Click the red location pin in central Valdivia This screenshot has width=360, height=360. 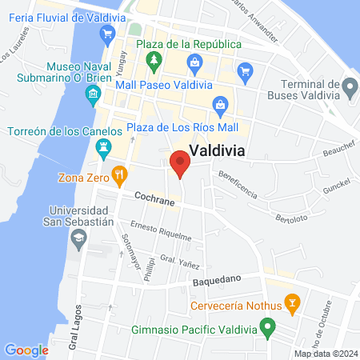click(180, 164)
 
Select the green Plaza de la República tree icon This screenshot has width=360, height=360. click(153, 60)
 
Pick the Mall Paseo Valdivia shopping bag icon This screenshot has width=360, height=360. click(194, 62)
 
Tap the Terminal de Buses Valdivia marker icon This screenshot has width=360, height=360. click(349, 86)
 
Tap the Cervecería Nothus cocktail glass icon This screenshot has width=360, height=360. click(293, 303)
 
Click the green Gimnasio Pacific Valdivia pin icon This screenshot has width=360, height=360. click(269, 328)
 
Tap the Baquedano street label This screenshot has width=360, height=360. click(217, 281)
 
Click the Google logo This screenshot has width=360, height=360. click(26, 350)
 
